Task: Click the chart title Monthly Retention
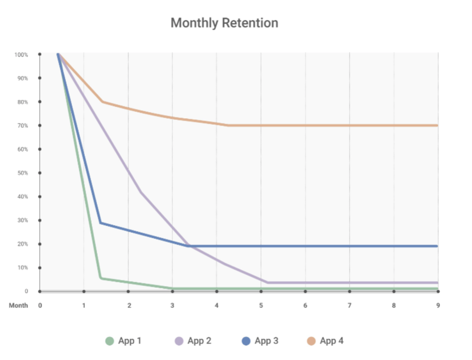[x=224, y=23]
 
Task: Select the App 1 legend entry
[x=123, y=341]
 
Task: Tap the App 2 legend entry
[x=193, y=341]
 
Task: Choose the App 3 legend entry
[x=260, y=341]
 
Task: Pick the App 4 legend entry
[x=325, y=341]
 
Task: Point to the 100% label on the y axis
[x=21, y=55]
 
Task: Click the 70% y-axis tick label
[x=23, y=126]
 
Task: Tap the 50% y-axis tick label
[x=23, y=173]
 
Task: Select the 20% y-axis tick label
[x=23, y=244]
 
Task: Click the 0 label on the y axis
[x=26, y=291]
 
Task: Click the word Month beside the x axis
[x=18, y=306]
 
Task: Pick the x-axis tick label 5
[x=261, y=306]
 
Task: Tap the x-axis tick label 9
[x=438, y=306]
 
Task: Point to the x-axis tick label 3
[x=172, y=306]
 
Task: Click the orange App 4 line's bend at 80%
[x=102, y=102]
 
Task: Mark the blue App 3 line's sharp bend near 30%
[x=101, y=223]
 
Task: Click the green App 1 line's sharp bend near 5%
[x=101, y=278]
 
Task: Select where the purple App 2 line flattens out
[x=268, y=283]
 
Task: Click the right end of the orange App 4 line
[x=437, y=125]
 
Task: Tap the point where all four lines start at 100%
[x=58, y=54]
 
